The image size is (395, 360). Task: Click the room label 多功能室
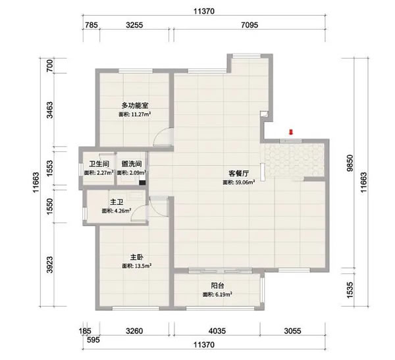[136, 105]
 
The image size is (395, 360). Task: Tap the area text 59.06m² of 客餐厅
[238, 183]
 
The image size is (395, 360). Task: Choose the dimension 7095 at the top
[251, 27]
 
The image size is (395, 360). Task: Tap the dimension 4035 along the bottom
[217, 332]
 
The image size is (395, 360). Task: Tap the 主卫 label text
[117, 202]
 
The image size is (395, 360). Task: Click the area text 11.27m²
[136, 114]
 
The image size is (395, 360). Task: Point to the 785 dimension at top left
[92, 27]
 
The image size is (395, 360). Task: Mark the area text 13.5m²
[136, 266]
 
